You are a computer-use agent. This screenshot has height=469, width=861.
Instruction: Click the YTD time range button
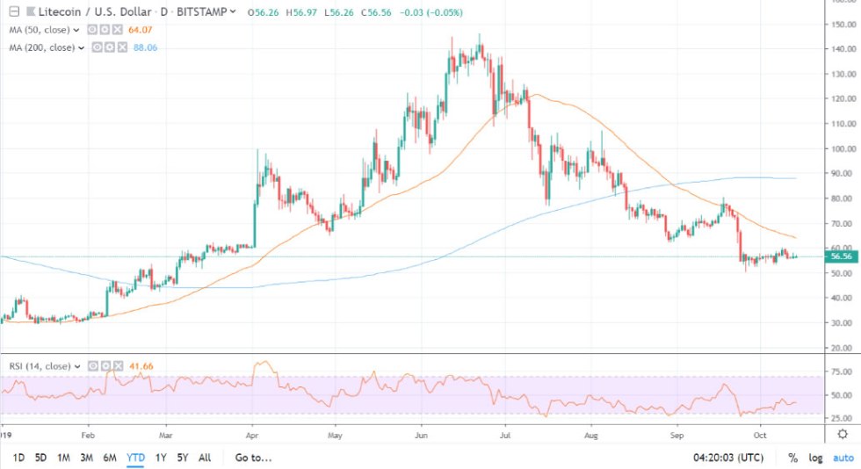coord(136,457)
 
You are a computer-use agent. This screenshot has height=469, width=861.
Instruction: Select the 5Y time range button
coord(182,457)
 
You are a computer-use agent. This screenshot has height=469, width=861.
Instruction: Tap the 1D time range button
coord(18,457)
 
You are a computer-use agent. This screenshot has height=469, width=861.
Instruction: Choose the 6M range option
coord(111,457)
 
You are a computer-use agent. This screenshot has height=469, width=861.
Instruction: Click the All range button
coord(205,457)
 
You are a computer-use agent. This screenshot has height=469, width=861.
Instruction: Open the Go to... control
coord(254,457)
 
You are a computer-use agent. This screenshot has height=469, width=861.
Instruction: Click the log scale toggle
coord(816,457)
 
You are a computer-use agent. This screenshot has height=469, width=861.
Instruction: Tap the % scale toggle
coord(792,457)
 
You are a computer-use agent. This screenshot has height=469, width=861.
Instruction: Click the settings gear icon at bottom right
coord(842,434)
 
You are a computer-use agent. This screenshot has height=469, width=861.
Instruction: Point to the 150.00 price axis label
coord(843,25)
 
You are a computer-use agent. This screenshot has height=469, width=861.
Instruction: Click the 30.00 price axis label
coord(843,323)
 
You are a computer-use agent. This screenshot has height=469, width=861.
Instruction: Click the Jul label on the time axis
coord(505,434)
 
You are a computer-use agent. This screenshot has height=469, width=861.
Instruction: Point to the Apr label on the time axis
coord(252,434)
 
